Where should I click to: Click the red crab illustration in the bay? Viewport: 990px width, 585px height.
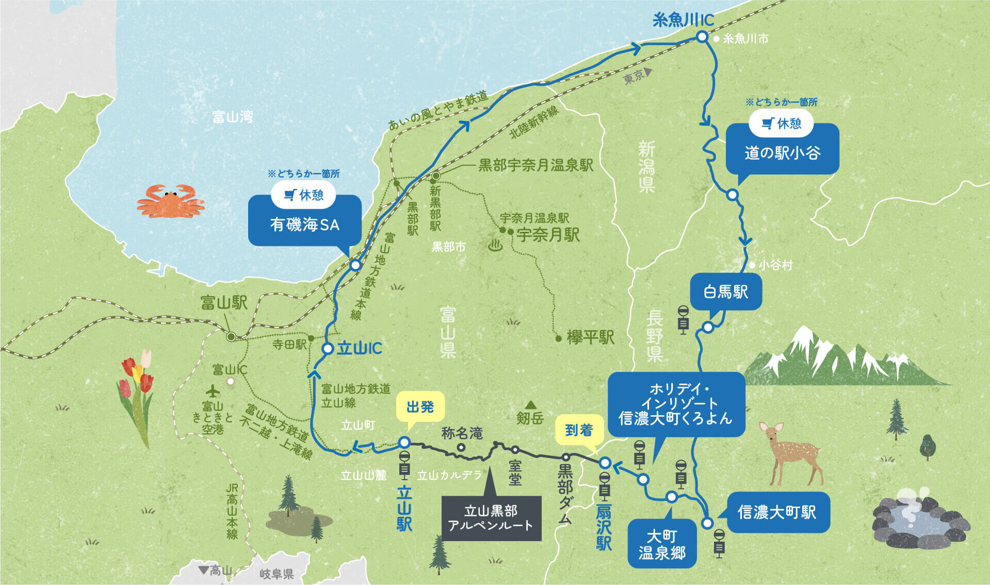(x=171, y=201)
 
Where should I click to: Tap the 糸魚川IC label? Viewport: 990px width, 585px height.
(x=683, y=20)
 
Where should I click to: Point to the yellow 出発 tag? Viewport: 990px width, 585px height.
(x=420, y=407)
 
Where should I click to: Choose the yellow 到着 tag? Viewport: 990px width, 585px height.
(x=579, y=430)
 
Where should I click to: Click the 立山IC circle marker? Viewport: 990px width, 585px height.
(x=328, y=349)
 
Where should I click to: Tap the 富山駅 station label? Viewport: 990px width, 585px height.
(x=224, y=303)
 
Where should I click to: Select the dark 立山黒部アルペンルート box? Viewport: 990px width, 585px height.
(x=491, y=518)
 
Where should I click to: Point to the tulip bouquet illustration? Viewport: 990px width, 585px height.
(x=138, y=392)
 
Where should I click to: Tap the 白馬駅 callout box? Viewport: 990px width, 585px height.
(x=726, y=292)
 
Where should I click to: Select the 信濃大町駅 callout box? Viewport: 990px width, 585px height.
(x=777, y=512)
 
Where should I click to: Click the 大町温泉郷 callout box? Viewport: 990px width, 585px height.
(x=662, y=544)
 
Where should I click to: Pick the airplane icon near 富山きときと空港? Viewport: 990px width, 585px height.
(x=213, y=390)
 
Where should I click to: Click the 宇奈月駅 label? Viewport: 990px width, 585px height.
(x=548, y=235)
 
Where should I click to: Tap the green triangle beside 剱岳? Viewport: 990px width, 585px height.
(x=530, y=405)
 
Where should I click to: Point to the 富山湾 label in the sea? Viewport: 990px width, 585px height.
(x=233, y=117)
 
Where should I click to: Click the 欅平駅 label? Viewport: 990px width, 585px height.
(x=590, y=338)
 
